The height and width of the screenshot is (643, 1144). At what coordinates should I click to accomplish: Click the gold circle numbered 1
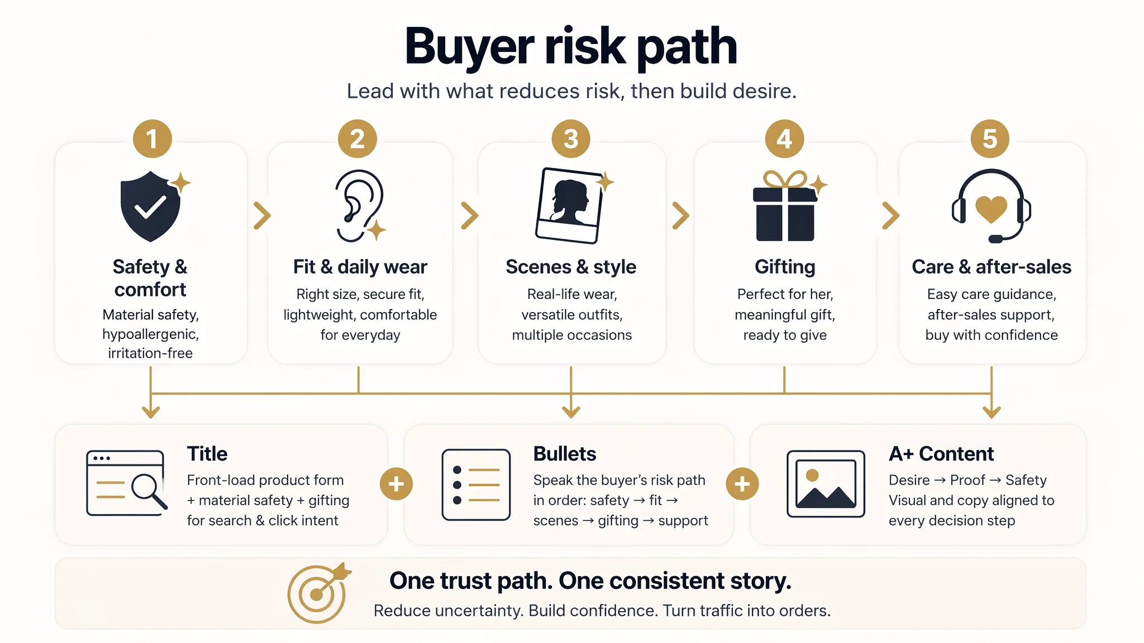click(152, 139)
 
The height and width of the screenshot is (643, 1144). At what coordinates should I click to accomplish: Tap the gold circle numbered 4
click(784, 139)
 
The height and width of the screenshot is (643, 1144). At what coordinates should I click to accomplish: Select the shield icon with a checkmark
click(151, 206)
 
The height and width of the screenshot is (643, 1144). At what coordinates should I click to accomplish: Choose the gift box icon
click(785, 207)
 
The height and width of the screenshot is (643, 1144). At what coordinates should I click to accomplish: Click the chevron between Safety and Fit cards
click(262, 215)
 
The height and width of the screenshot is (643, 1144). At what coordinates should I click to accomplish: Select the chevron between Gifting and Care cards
click(890, 215)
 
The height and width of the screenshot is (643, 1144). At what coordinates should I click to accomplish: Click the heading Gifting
click(785, 267)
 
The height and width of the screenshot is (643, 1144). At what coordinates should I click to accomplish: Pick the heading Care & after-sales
click(992, 267)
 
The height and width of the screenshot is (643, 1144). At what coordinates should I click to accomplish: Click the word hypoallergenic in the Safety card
click(150, 334)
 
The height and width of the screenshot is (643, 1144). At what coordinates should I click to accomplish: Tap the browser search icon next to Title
click(127, 483)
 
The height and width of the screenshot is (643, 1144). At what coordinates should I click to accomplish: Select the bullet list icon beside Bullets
click(476, 484)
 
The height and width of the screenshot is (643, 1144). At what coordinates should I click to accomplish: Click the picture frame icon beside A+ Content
click(826, 484)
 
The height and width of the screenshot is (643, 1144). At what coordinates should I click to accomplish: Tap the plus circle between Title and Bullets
click(396, 484)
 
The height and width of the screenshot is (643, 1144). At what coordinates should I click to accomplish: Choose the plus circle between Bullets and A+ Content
click(742, 484)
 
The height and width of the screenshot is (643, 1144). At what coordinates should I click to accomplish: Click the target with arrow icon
click(318, 593)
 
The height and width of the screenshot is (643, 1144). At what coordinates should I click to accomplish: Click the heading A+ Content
click(941, 454)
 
